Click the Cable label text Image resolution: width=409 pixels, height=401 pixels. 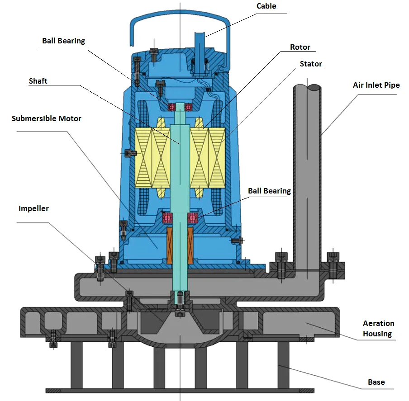point(266,6)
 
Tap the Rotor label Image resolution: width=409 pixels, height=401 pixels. point(300,47)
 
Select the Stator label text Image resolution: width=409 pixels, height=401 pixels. point(311,64)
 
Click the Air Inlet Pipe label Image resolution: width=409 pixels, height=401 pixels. point(376,85)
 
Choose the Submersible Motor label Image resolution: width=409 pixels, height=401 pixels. point(47,118)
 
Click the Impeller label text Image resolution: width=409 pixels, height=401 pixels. point(33,208)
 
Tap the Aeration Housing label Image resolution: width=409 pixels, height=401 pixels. point(378,329)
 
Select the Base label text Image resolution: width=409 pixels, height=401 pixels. point(376,382)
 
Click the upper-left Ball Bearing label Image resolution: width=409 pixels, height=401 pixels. point(63,41)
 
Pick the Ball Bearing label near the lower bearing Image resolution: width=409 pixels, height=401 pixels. point(269,191)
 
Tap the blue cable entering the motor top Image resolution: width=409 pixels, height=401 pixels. point(200,45)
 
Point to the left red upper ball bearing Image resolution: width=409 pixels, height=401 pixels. point(172,107)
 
